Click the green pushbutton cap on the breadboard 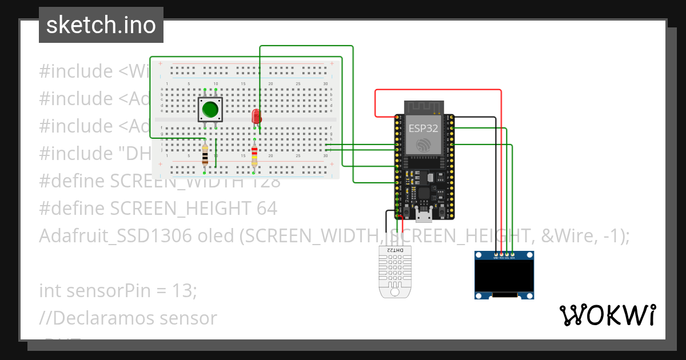point(210,109)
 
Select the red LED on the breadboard point(257,117)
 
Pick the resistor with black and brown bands point(205,154)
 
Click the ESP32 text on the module point(423,128)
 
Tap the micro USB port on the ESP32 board point(424,216)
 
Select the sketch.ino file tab point(101,25)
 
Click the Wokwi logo point(607,315)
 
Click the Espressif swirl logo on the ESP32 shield point(424,144)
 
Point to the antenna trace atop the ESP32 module point(424,107)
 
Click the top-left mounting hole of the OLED point(479,255)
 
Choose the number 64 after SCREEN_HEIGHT point(267,209)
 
